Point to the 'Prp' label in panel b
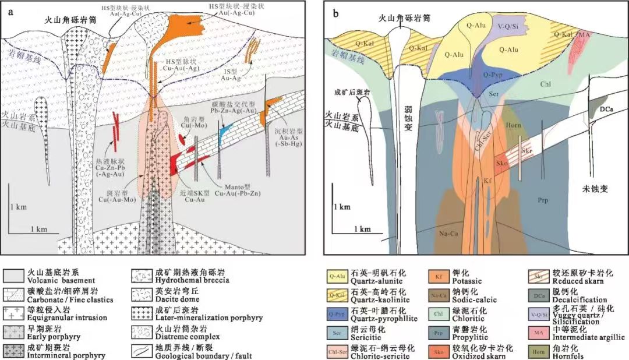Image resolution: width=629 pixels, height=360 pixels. pos(545,200)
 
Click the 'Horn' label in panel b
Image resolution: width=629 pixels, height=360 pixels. pos(513,123)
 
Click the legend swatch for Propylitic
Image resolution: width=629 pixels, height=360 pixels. pos(437,334)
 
